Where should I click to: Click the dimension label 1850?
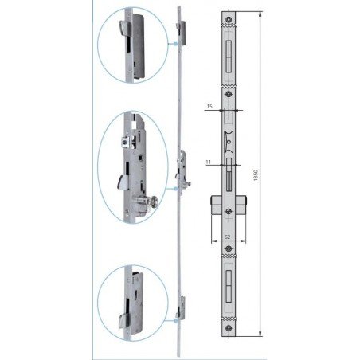pos(256,175)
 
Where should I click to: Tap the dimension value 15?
pos(209,107)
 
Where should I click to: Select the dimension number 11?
pos(209,162)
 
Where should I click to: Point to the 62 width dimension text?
pos(228,237)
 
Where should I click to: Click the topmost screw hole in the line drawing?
pos(229,19)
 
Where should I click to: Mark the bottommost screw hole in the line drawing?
pos(229,328)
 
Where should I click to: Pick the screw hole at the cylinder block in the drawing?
pos(229,212)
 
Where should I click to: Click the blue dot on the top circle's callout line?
pos(175,44)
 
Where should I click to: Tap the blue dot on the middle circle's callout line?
pos(175,189)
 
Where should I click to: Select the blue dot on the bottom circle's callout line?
pos(175,320)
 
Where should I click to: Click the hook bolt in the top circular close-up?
pos(125,28)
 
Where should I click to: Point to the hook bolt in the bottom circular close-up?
pos(124,321)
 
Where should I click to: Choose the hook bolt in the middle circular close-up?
pos(123,182)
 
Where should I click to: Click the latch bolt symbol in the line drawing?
pos(229,142)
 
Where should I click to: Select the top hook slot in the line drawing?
pos(229,57)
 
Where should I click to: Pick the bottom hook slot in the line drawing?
pos(229,287)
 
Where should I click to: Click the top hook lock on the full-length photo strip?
pos(181,33)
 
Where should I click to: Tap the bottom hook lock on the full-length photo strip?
pos(181,308)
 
